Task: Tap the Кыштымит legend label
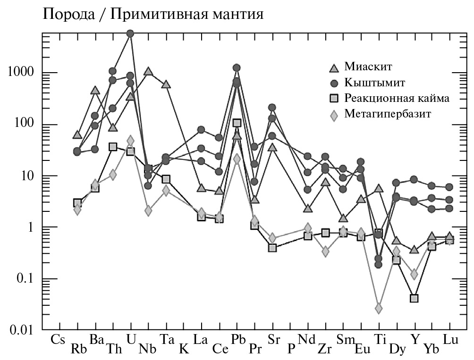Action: tap(375, 82)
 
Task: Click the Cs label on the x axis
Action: tap(58, 339)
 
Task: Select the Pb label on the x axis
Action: tap(237, 339)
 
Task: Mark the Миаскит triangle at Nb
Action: tap(148, 71)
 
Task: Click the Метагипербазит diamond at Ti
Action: tap(379, 309)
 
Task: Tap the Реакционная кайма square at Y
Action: tap(415, 298)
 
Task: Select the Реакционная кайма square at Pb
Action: tap(237, 123)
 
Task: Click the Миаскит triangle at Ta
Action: tap(166, 84)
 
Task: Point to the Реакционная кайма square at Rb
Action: tap(77, 203)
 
